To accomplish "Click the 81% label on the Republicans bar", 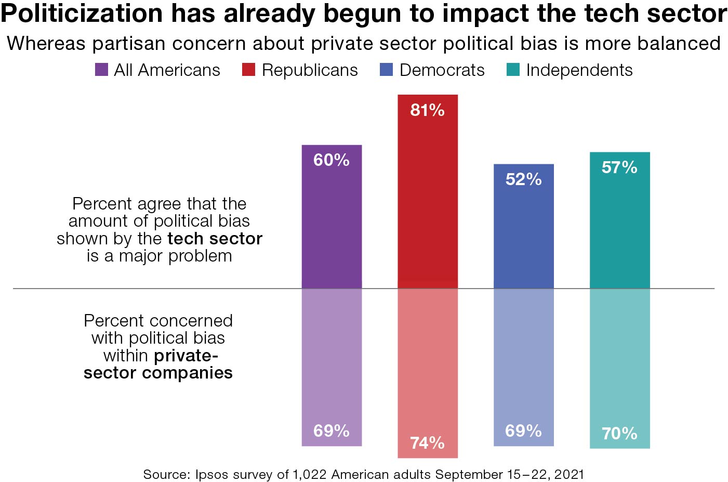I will (427, 110).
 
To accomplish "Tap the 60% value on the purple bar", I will (332, 160).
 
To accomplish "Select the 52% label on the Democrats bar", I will (523, 179).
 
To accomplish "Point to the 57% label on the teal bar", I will (619, 167).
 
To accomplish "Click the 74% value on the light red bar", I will (427, 443).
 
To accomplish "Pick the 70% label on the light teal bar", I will (619, 433).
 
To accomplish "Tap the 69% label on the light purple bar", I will (332, 431).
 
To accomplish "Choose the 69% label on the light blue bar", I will (523, 431).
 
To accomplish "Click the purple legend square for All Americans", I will (101, 70).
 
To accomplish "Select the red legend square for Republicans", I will (249, 70).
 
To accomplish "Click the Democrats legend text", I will (442, 70).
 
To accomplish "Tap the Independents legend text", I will (579, 70).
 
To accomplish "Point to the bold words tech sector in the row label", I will (215, 239).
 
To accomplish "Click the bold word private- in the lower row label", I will (186, 356).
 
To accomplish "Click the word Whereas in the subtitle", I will (46, 44).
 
